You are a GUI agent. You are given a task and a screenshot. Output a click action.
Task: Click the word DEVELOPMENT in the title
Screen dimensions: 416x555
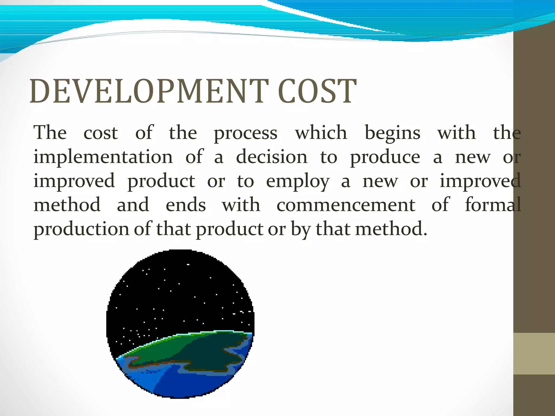(149, 91)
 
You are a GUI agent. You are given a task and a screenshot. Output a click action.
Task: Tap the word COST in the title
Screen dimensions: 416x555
(317, 91)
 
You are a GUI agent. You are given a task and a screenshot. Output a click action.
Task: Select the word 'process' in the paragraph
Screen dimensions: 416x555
(246, 134)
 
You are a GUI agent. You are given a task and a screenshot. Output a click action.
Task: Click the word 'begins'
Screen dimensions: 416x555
(393, 134)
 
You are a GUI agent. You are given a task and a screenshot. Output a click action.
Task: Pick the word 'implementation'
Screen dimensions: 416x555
(103, 157)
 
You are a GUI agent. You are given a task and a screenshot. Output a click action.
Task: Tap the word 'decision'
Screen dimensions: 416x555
(272, 157)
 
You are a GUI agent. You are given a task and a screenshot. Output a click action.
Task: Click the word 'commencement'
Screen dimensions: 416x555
(346, 205)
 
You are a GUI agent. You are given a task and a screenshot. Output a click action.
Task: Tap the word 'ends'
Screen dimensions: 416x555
(186, 205)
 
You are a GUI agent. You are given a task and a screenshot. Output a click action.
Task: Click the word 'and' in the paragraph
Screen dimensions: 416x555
(133, 205)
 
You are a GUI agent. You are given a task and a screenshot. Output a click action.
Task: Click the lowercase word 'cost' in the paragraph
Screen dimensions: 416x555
(101, 133)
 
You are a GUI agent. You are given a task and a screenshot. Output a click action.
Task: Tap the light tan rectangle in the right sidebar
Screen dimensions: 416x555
(534, 353)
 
